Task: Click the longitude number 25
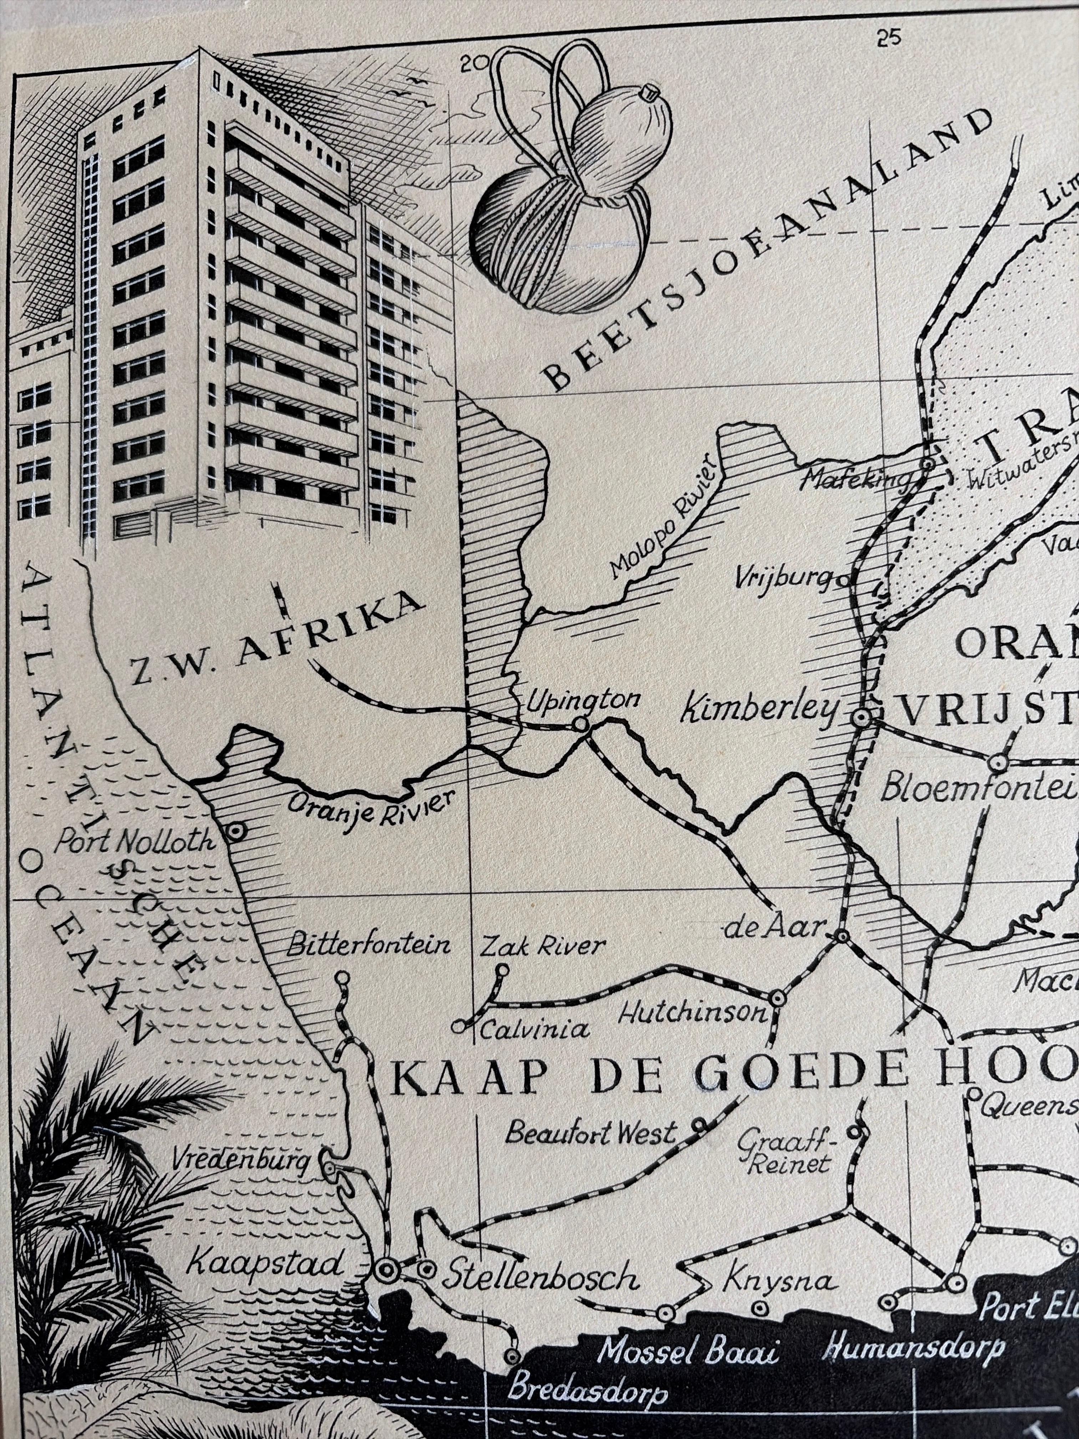coord(888,39)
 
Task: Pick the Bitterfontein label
coord(368,945)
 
